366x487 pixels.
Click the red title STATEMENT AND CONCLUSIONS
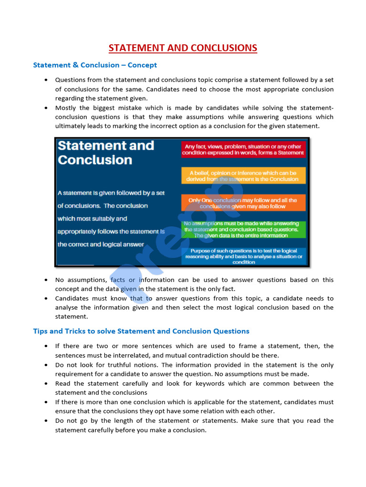tap(183, 48)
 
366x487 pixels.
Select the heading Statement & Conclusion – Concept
tap(95, 65)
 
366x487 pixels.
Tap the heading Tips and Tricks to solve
tap(141, 331)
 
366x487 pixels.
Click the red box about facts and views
tap(244, 149)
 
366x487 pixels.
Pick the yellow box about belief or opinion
tap(243, 176)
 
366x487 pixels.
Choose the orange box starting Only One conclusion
tap(243, 204)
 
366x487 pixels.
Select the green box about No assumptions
tap(243, 229)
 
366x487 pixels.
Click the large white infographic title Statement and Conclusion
tap(106, 152)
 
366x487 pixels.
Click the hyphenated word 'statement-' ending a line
tap(317, 108)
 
